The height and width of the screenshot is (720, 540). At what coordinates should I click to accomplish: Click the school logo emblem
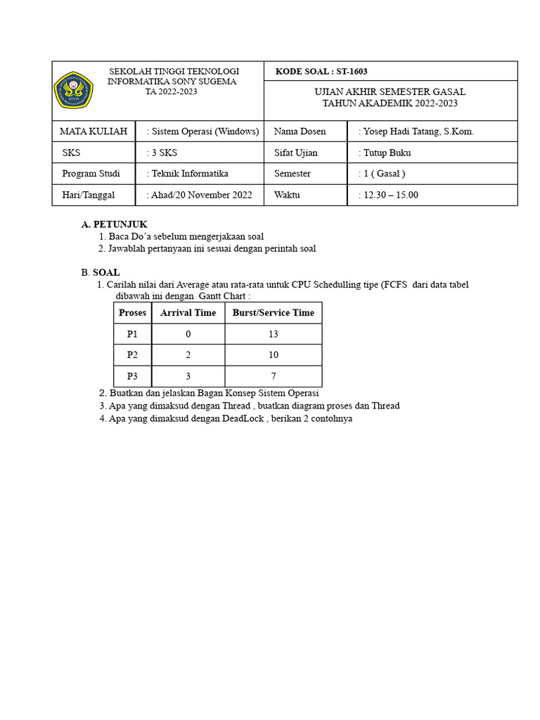pyautogui.click(x=74, y=90)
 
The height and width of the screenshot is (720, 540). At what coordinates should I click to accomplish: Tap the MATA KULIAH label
pyautogui.click(x=94, y=131)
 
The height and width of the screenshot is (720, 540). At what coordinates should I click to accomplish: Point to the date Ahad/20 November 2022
pyautogui.click(x=201, y=195)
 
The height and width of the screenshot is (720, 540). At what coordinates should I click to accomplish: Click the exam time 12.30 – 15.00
pyautogui.click(x=390, y=195)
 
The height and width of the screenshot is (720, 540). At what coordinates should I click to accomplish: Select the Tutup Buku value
pyautogui.click(x=387, y=153)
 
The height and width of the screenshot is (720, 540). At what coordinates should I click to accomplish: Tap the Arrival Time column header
pyautogui.click(x=188, y=313)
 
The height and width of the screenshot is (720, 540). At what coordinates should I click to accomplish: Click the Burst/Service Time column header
pyautogui.click(x=274, y=313)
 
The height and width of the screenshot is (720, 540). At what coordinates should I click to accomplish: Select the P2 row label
pyautogui.click(x=133, y=356)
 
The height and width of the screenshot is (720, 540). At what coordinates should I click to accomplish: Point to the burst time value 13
pyautogui.click(x=274, y=335)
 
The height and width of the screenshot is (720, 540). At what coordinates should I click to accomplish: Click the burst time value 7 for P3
pyautogui.click(x=274, y=377)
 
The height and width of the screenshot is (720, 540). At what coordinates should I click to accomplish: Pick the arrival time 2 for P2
pyautogui.click(x=188, y=356)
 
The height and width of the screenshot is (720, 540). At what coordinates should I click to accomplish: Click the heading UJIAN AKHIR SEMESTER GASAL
pyautogui.click(x=390, y=92)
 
